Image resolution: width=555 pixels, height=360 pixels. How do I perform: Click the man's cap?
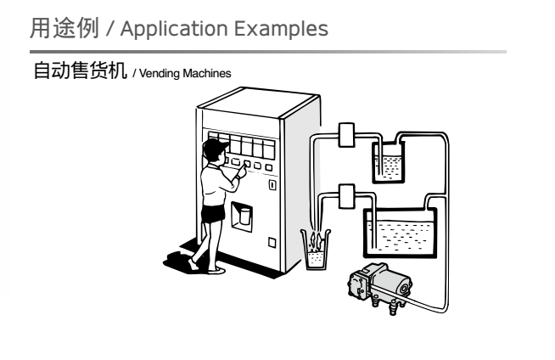(211, 149)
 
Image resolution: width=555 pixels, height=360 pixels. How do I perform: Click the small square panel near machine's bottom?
(272, 241)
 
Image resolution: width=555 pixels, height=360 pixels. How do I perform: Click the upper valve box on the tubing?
(345, 135)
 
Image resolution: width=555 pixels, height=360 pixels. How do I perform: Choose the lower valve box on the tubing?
(345, 196)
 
